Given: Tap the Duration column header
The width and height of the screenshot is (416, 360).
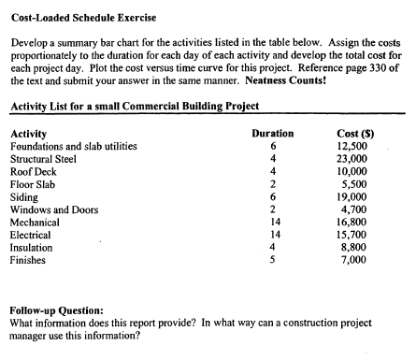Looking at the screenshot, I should (273, 134).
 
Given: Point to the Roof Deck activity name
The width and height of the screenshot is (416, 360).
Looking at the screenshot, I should (35, 172).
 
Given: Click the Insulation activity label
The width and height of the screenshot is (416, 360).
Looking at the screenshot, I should (31, 248).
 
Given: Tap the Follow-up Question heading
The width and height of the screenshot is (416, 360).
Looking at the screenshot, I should (55, 309).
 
